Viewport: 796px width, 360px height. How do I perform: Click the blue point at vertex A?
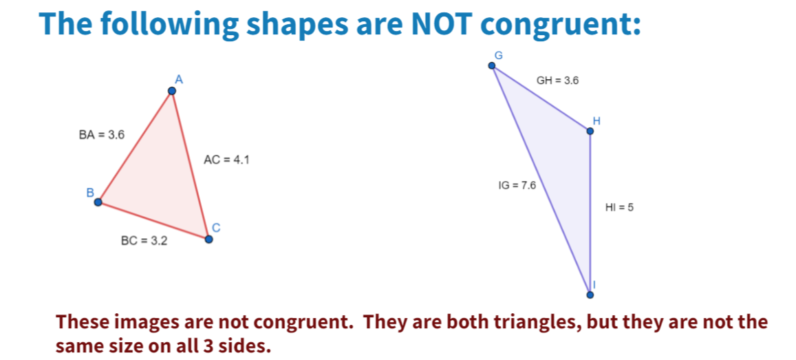[172, 90]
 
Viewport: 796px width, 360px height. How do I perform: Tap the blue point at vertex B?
[98, 202]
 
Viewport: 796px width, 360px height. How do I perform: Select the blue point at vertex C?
[208, 239]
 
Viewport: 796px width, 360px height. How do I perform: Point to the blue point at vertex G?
[492, 65]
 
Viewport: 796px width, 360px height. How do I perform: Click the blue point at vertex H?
[590, 131]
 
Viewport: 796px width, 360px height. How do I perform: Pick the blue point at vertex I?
[590, 295]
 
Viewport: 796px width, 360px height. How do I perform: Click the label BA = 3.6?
[102, 135]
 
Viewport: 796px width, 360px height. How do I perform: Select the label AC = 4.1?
[226, 160]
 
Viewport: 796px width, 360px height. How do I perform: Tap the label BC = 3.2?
[144, 241]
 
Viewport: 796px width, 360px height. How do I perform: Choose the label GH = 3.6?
[557, 80]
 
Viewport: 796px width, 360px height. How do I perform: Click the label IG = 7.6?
[517, 185]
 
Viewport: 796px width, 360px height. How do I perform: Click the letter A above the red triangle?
[178, 79]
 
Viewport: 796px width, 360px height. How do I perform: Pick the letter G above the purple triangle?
[498, 55]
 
